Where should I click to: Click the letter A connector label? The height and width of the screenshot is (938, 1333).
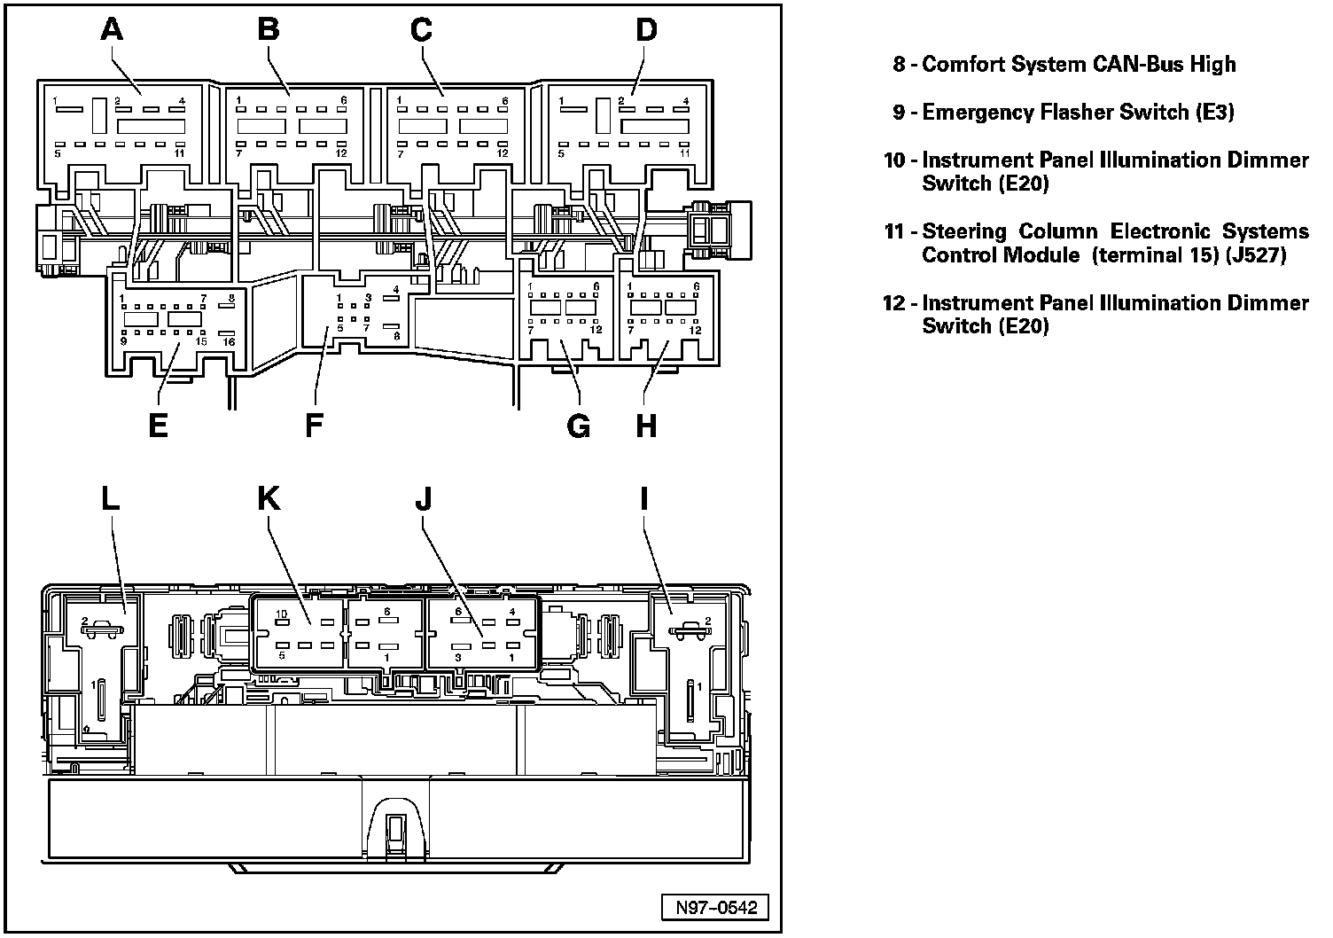[111, 30]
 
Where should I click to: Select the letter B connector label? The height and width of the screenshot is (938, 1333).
[268, 30]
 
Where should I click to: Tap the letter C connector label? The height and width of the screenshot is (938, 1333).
[421, 30]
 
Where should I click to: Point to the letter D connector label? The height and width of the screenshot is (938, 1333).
[647, 30]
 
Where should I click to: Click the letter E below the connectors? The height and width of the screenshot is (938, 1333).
[159, 426]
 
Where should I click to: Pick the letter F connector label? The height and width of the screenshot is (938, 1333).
[314, 426]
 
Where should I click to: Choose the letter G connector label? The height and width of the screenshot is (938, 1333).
[578, 426]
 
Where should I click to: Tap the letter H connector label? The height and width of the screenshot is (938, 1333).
[647, 426]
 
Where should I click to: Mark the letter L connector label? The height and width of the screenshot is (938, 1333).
[110, 499]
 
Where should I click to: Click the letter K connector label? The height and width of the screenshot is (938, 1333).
[268, 499]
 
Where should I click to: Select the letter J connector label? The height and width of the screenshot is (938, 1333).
[424, 499]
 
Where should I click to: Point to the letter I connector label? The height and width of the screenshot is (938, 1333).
[644, 499]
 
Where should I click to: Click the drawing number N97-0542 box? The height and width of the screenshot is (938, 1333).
[715, 908]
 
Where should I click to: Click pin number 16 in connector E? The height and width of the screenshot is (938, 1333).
[229, 342]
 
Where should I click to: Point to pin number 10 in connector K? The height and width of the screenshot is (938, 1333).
[281, 614]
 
